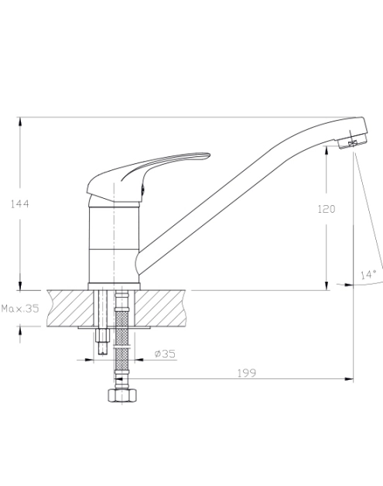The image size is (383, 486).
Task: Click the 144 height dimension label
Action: click(x=20, y=204)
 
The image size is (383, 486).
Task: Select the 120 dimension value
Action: click(x=327, y=209)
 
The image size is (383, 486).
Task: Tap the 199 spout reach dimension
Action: click(x=247, y=373)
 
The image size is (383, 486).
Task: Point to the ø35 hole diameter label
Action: click(x=165, y=354)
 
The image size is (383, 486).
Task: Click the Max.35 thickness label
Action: click(x=20, y=309)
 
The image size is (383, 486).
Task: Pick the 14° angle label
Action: click(x=368, y=274)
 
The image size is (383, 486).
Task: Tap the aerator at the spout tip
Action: click(x=353, y=142)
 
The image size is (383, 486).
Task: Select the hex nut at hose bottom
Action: click(x=122, y=395)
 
